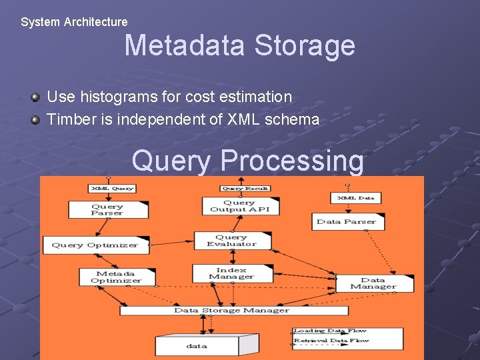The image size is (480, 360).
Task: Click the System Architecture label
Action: coord(74,22)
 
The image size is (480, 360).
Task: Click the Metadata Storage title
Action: coord(239,46)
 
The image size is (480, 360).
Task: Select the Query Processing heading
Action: coord(248,161)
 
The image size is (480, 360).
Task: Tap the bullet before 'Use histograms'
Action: coord(35,97)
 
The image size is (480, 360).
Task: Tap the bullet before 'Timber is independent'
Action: coord(35,121)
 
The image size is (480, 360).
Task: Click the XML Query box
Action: coord(112,189)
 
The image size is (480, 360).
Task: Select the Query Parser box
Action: coord(107,209)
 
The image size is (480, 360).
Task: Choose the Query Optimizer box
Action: coord(97,245)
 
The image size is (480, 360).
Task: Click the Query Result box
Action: coord(245,189)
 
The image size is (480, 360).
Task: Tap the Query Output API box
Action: coord(240,206)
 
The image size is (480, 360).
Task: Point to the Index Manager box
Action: coord(231,273)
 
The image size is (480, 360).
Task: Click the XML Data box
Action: coord(356,198)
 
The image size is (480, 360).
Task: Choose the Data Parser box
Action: coord(347,221)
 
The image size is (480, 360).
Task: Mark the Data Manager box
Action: coord(373,283)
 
